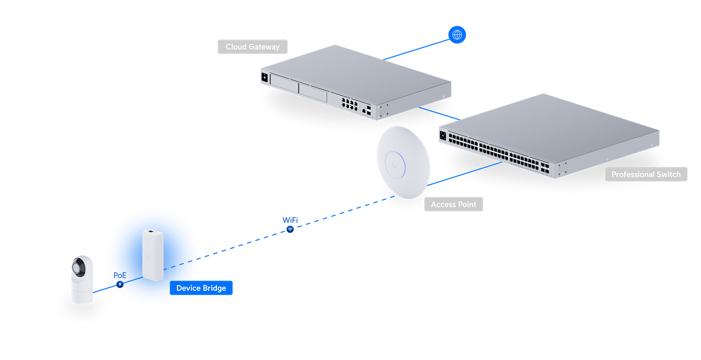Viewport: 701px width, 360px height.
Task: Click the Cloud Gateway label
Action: pyautogui.click(x=252, y=47)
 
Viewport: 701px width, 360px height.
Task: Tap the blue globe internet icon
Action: pyautogui.click(x=457, y=35)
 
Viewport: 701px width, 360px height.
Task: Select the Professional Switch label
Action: pyautogui.click(x=646, y=174)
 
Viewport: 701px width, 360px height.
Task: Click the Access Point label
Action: pyautogui.click(x=453, y=204)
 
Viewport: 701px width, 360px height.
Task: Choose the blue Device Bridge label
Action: pyautogui.click(x=201, y=288)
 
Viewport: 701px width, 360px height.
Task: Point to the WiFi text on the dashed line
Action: pyautogui.click(x=290, y=220)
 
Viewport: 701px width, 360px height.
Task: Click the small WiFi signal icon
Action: pyautogui.click(x=290, y=230)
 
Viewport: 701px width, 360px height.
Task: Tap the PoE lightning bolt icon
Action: pyautogui.click(x=120, y=285)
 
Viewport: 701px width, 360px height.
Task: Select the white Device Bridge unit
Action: pyautogui.click(x=153, y=255)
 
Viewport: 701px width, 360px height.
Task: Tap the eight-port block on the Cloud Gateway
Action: pyautogui.click(x=349, y=102)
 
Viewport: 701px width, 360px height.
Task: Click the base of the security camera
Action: pyautogui.click(x=82, y=296)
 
